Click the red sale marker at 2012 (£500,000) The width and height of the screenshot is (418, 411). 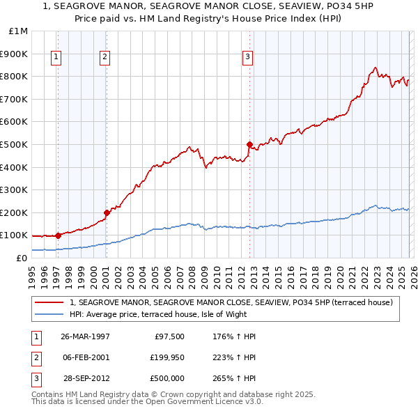pyautogui.click(x=249, y=144)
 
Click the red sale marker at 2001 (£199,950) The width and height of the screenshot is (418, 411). pyautogui.click(x=107, y=212)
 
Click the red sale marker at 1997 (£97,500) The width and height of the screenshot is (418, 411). pyautogui.click(x=59, y=235)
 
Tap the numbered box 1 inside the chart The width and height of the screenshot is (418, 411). pyautogui.click(x=56, y=58)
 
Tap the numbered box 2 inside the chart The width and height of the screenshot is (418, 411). pyautogui.click(x=104, y=58)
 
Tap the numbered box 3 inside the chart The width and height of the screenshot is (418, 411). pyautogui.click(x=247, y=58)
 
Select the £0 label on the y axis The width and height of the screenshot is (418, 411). pyautogui.click(x=22, y=258)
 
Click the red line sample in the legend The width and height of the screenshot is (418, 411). pyautogui.click(x=50, y=302)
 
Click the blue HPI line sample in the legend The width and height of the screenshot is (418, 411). pyautogui.click(x=50, y=314)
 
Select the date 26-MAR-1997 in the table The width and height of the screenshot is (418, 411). pyautogui.click(x=85, y=336)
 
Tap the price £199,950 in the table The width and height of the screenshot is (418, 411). pyautogui.click(x=165, y=357)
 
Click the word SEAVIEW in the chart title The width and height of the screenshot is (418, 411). pyautogui.click(x=290, y=6)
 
